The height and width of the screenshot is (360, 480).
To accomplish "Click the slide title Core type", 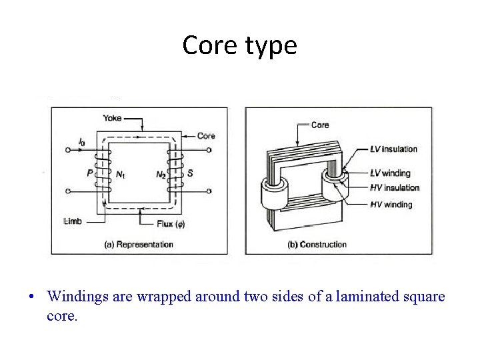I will coord(239,45).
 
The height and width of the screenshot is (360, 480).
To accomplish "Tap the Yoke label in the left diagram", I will coord(112,118).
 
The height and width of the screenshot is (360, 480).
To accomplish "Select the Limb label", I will coord(73,221).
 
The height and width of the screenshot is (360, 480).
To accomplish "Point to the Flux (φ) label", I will coord(171,224).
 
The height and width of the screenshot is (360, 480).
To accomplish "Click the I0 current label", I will coord(81,142).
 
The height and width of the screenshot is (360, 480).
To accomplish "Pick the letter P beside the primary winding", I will coord(89,173).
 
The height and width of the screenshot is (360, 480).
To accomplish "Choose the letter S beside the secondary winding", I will coord(190,173).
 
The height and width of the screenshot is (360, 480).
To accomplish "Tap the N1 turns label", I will coord(121,175).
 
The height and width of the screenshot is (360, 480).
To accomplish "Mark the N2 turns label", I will coord(161,175).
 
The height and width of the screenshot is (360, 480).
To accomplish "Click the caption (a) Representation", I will coord(139,245).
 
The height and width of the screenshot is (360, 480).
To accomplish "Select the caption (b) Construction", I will coord(317,245).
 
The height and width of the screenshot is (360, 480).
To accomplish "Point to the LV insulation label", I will coord(393,149).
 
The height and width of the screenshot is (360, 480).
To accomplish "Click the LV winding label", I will coord(390,173).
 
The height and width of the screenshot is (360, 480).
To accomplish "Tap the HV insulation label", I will coord(395,188).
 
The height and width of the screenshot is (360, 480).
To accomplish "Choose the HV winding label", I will coord(391,205).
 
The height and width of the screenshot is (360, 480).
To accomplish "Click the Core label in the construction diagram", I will coord(320,125).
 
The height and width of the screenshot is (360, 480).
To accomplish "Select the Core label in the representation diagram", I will coord(206,136).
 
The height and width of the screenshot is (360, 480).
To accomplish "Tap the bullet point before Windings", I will coord(32,297).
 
